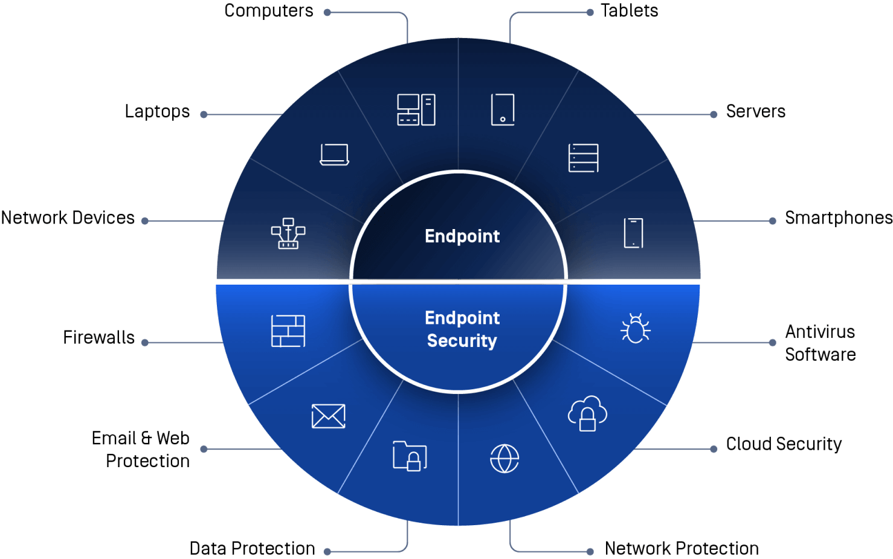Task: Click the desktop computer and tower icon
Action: coord(416,109)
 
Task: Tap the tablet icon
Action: coord(503,109)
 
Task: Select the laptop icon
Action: coord(334,155)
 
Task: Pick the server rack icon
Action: coord(583,158)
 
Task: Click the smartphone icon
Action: coord(633,233)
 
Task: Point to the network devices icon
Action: coord(288,233)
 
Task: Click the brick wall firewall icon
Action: coord(288,331)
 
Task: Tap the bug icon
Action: coord(635,329)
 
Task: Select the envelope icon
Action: coord(328,416)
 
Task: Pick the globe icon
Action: coord(505,458)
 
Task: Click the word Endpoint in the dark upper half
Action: coord(462,236)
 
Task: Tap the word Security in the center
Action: coord(462,341)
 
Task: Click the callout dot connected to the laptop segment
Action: coord(204,114)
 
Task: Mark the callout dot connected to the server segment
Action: coord(714,114)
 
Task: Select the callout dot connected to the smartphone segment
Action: coord(772,221)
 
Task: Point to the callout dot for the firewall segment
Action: coord(145,343)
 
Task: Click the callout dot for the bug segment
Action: coord(772,343)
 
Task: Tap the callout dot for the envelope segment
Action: coord(204,449)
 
